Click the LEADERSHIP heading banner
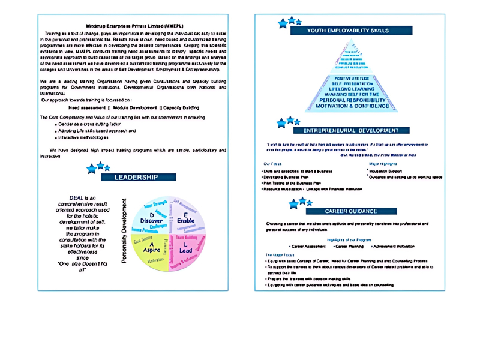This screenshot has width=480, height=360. (x=136, y=178)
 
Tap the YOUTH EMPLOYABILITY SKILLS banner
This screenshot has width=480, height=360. (x=348, y=30)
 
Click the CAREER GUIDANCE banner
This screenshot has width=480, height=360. (x=351, y=211)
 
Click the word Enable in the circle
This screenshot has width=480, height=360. (x=186, y=220)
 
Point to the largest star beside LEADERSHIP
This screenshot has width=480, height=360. (x=92, y=170)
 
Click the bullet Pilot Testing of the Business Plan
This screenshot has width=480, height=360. (x=292, y=183)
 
